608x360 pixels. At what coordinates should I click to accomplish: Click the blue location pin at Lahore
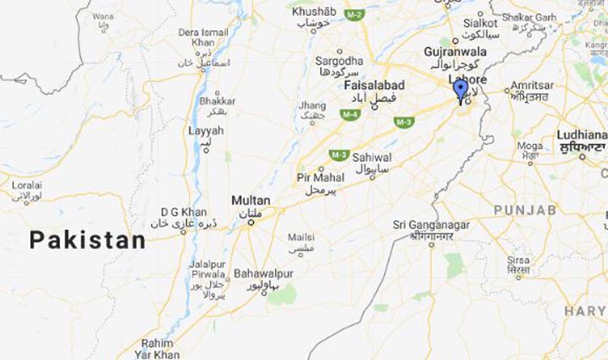point(460,90)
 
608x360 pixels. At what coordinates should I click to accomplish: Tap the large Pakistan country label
point(87,241)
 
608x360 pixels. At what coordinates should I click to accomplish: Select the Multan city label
point(250,201)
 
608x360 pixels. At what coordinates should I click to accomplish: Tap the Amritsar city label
point(531,85)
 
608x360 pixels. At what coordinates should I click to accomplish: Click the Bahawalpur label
point(264,273)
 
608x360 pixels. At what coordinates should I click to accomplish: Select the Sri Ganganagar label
point(431,225)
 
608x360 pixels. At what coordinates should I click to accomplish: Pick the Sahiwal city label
point(372,157)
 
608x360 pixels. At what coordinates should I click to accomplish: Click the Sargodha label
point(338,60)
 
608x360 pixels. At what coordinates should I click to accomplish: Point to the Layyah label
point(205,131)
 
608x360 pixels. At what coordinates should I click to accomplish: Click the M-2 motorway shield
point(353,14)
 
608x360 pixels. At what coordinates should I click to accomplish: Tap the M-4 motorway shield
point(350,115)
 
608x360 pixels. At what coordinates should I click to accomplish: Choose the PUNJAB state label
point(524,210)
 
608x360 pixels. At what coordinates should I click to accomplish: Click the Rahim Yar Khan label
point(158,348)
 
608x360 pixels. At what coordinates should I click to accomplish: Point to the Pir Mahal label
point(320,178)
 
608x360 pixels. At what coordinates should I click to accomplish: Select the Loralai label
point(27,185)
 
